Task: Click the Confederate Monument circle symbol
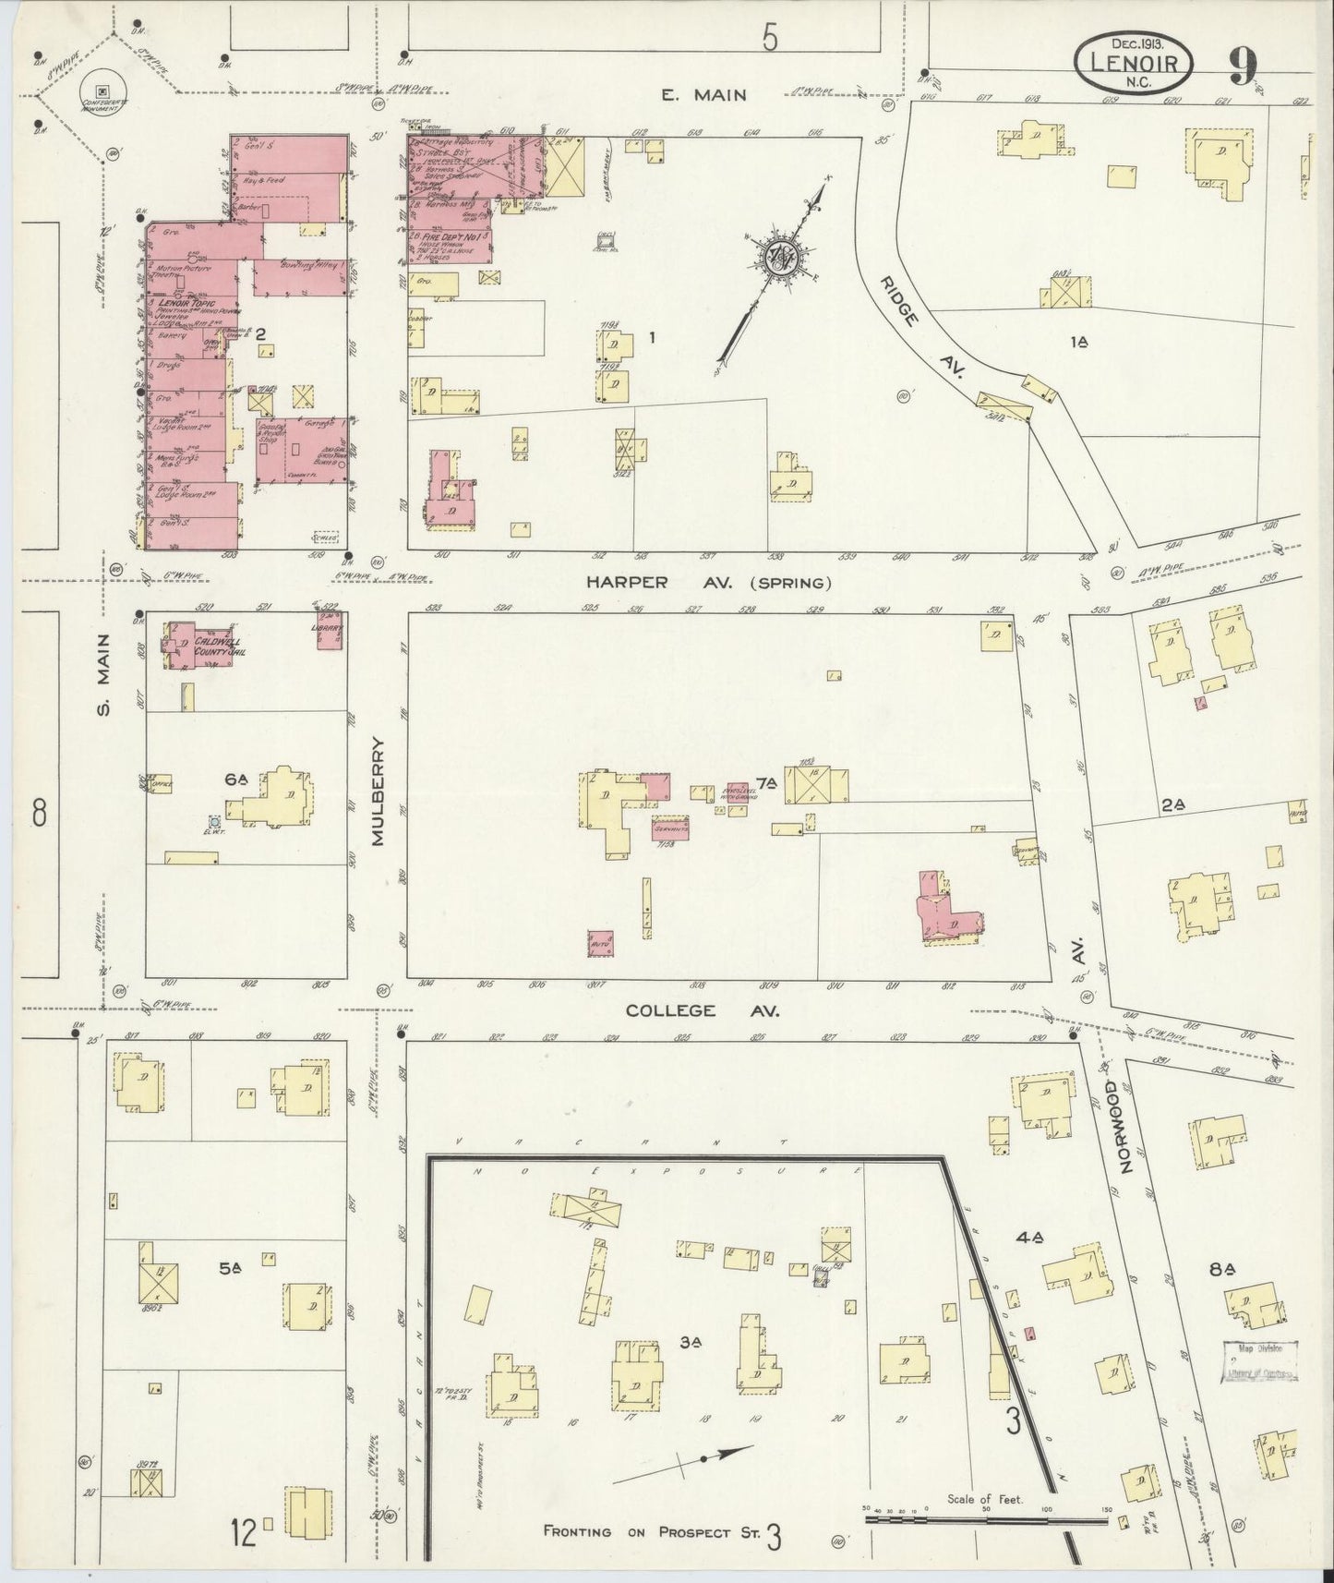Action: [x=102, y=90]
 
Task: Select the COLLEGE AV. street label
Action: [x=703, y=1010]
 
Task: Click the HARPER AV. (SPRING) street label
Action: [x=708, y=583]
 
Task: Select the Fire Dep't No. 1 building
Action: [x=450, y=243]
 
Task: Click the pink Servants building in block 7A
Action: [x=671, y=828]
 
